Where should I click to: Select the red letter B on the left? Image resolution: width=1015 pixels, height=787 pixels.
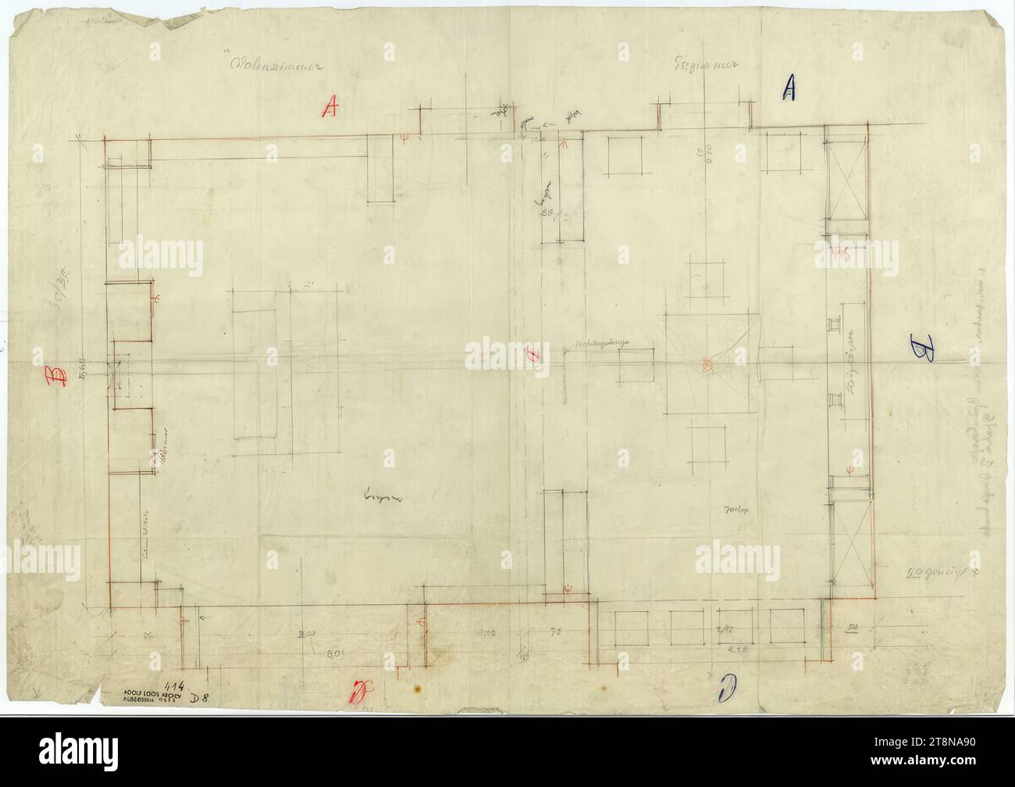pyautogui.click(x=57, y=377)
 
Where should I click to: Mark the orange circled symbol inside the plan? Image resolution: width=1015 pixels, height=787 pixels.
pyautogui.click(x=707, y=364)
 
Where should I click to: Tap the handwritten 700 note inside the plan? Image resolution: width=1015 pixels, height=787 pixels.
pyautogui.click(x=737, y=510)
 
